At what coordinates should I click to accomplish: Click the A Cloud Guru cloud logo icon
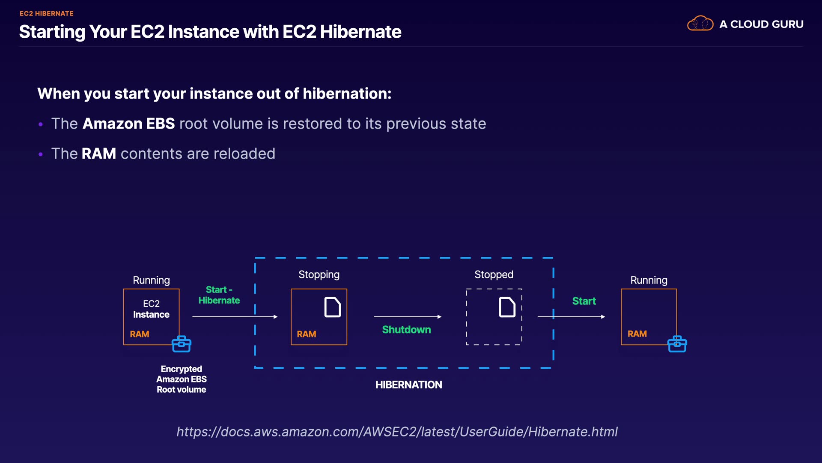pos(700,24)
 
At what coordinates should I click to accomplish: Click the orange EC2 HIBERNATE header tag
pos(46,14)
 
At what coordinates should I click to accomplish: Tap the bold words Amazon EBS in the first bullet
pos(128,124)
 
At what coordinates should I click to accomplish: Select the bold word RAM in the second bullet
pos(98,154)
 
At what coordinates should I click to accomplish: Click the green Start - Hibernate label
pos(219,295)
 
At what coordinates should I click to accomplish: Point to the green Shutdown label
pos(406,330)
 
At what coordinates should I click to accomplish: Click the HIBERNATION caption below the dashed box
pos(408,385)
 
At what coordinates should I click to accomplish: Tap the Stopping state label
pos(319,275)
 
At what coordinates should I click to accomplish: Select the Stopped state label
pos(494,275)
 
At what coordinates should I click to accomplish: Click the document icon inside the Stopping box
pos(332,307)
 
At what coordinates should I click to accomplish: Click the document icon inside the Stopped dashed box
pos(507,307)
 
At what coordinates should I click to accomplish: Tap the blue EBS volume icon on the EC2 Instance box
pos(182,344)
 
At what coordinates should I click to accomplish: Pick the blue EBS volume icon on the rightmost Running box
pos(677,344)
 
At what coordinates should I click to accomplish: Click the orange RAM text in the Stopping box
pos(307,334)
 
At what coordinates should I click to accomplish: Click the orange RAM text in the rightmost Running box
pos(637,334)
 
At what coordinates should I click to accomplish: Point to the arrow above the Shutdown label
pos(407,317)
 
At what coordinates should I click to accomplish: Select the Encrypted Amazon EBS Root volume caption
pos(182,379)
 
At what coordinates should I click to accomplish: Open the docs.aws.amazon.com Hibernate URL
pos(397,432)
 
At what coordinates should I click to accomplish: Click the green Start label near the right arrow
pos(584,301)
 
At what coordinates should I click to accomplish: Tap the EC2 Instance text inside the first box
pos(151,309)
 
